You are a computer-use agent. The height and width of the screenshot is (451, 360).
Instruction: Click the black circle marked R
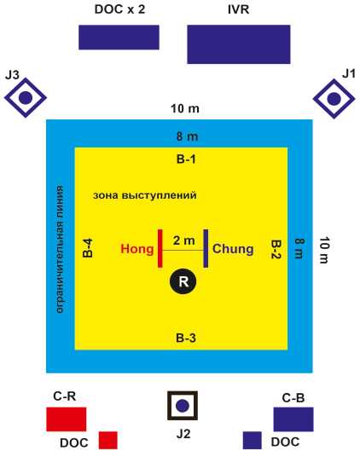pos(183,281)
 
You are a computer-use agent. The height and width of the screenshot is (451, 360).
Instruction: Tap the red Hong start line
pos(160,248)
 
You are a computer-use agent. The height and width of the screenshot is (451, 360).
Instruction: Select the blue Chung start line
pos(206,248)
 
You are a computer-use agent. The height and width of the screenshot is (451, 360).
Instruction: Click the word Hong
pos(137,249)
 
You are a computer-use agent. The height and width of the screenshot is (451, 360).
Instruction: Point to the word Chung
pos(233,249)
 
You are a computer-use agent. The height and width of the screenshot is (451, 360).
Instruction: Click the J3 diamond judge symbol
pos(26,98)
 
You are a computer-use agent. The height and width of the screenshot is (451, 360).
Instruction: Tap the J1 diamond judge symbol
pos(334,99)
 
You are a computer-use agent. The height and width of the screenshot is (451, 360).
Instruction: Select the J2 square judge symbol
pos(183,406)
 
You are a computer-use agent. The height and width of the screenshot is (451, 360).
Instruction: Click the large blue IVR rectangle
pos(239,44)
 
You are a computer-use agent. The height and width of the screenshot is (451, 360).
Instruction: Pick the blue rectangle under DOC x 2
pos(119,38)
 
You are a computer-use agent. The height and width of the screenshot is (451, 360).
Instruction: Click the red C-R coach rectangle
pos(67,419)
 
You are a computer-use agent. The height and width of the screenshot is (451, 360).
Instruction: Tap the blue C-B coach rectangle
pos(293,419)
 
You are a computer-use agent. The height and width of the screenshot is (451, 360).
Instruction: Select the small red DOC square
pos(108,440)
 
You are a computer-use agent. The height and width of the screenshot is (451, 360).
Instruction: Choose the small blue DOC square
pos(253,440)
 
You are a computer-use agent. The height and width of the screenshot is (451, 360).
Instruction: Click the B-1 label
pos(186,159)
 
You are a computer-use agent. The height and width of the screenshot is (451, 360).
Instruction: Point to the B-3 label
pos(186,338)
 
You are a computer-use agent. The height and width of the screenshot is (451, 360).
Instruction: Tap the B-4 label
pos(88,248)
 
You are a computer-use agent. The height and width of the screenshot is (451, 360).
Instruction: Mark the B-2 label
pos(276,249)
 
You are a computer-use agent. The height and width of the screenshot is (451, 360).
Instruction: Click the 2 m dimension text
pos(184,240)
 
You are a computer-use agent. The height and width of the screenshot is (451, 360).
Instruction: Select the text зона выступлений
pos(145,195)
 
